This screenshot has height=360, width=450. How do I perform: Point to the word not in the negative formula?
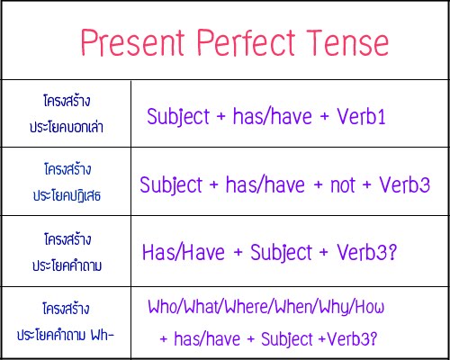(337, 185)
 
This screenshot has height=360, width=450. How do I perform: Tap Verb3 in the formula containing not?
(402, 185)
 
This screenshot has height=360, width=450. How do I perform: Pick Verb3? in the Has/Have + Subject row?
(367, 252)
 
